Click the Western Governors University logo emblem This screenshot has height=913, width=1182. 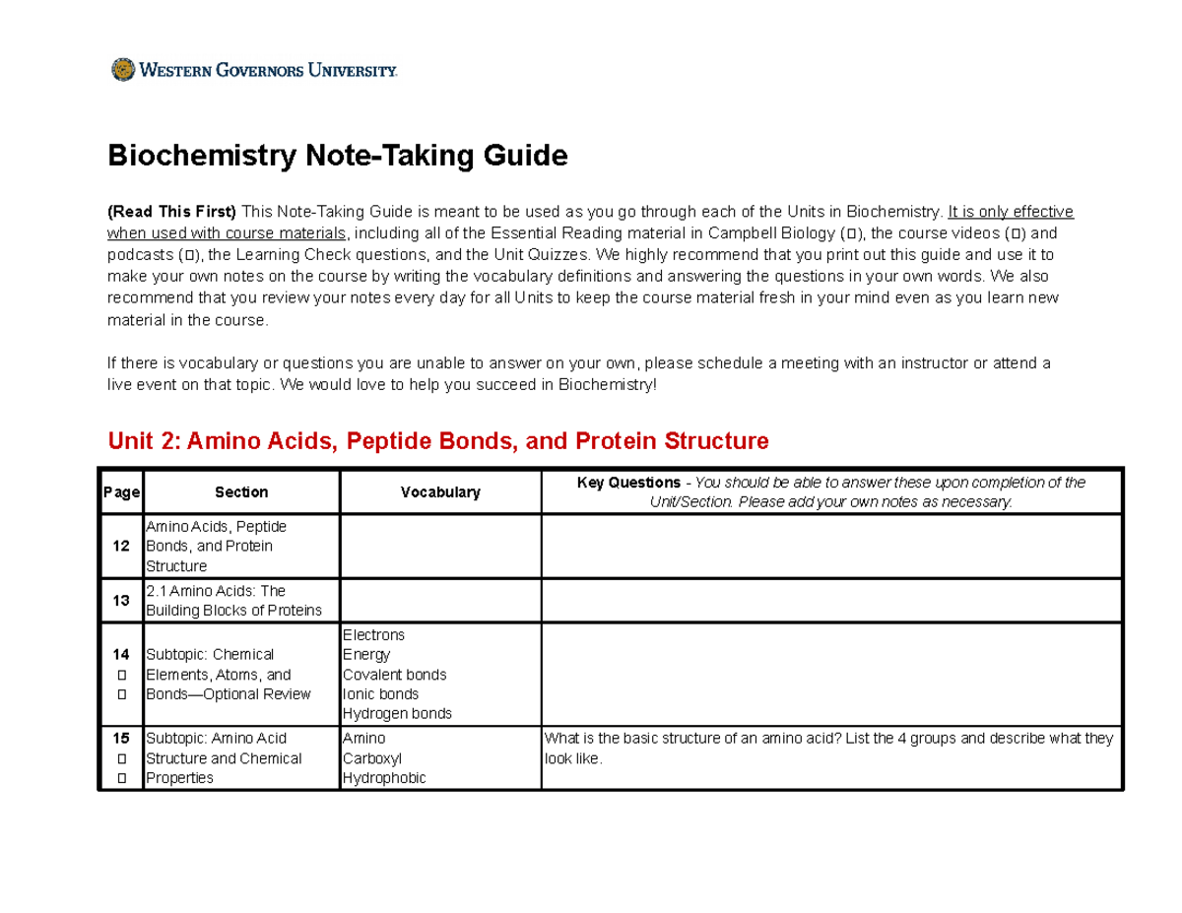coord(122,70)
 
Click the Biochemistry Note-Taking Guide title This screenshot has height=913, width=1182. coord(338,156)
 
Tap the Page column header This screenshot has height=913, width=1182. coord(121,492)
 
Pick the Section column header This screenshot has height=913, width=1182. coord(241,492)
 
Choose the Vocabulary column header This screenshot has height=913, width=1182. coord(440,492)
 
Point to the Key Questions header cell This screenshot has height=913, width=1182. coord(830,491)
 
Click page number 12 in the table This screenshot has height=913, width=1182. coord(121,546)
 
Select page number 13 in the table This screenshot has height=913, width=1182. coord(121,600)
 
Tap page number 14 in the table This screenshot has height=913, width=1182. coord(121,654)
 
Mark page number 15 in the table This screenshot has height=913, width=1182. coord(121,738)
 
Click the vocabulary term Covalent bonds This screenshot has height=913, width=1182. coord(394,675)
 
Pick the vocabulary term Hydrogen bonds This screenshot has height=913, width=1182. coord(397,714)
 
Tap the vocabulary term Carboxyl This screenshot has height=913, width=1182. coord(371,758)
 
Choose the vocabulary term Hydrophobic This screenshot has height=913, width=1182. coord(384,778)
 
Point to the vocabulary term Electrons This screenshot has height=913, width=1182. coord(373,635)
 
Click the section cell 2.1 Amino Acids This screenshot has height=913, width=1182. coord(233,600)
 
